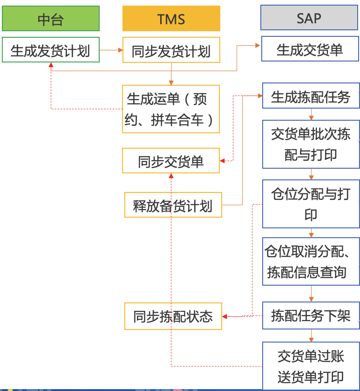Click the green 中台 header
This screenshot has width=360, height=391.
51,19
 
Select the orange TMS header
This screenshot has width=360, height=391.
171,19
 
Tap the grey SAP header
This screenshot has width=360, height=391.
309,19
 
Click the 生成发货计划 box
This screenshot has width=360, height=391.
51,50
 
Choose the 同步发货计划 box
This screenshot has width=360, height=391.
171,50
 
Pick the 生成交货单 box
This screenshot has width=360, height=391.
310,49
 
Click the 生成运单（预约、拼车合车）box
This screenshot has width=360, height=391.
170,109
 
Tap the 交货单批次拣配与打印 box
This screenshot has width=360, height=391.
311,144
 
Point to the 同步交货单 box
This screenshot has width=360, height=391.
170,161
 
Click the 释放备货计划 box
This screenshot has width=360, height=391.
173,205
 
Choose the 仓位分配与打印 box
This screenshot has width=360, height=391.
311,204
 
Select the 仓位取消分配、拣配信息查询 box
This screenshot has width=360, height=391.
311,261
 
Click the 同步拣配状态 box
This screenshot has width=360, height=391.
173,316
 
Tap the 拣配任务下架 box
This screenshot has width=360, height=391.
311,316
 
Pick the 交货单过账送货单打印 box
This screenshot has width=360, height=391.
311,365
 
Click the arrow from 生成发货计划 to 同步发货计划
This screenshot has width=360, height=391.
111,49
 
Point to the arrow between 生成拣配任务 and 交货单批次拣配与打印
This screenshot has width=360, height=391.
311,115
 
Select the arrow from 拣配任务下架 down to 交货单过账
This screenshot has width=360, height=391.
311,336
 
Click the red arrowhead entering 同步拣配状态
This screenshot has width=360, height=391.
224,316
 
